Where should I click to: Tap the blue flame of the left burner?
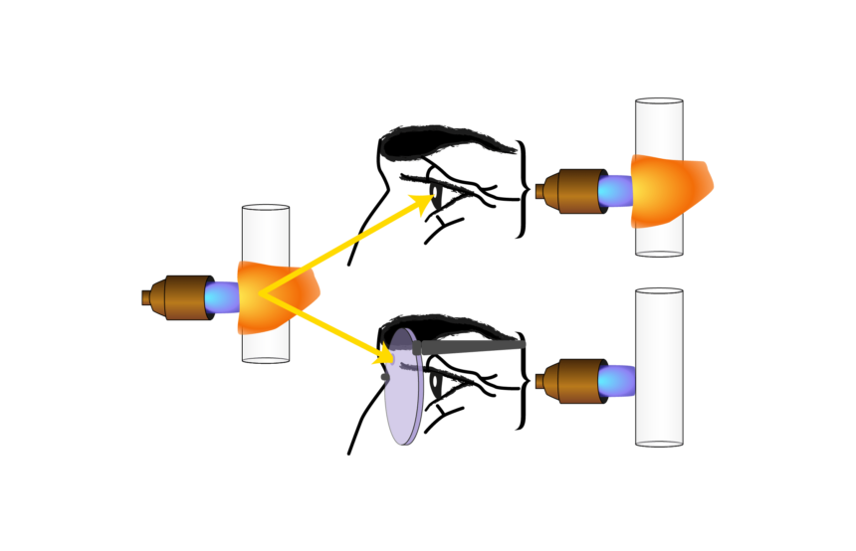click(x=221, y=296)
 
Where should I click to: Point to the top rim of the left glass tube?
click(x=266, y=209)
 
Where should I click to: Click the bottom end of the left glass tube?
click(x=266, y=358)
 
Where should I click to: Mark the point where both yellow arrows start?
click(x=261, y=294)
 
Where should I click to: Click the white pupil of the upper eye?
click(x=436, y=190)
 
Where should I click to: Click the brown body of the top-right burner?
click(x=576, y=191)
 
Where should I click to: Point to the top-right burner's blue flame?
click(x=615, y=191)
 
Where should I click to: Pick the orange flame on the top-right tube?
click(x=677, y=189)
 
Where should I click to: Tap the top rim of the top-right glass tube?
click(x=659, y=101)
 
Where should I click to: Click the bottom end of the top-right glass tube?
click(x=659, y=252)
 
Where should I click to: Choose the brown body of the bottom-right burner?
click(x=576, y=381)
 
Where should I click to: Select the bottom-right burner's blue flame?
click(x=616, y=381)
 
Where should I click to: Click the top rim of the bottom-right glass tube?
click(x=659, y=292)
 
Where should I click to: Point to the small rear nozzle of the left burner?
click(x=147, y=297)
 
